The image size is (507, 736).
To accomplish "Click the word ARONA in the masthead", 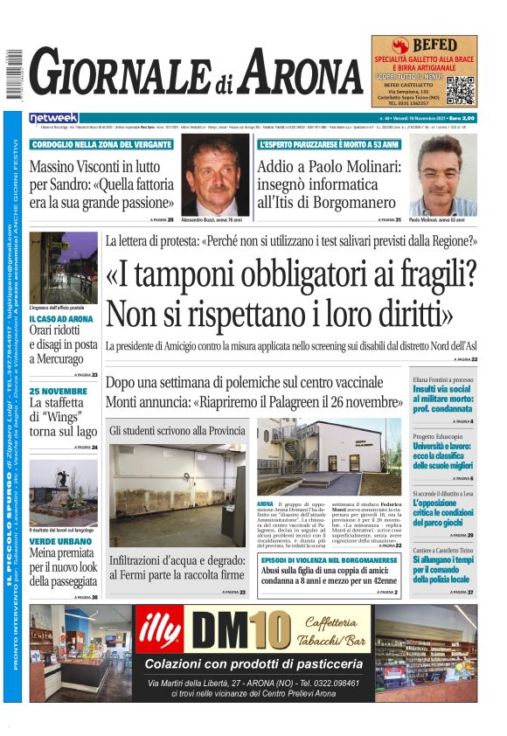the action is (x=301, y=75).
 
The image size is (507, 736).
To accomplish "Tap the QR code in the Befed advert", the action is (x=461, y=90).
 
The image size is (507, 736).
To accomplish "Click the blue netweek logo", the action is (x=53, y=118).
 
